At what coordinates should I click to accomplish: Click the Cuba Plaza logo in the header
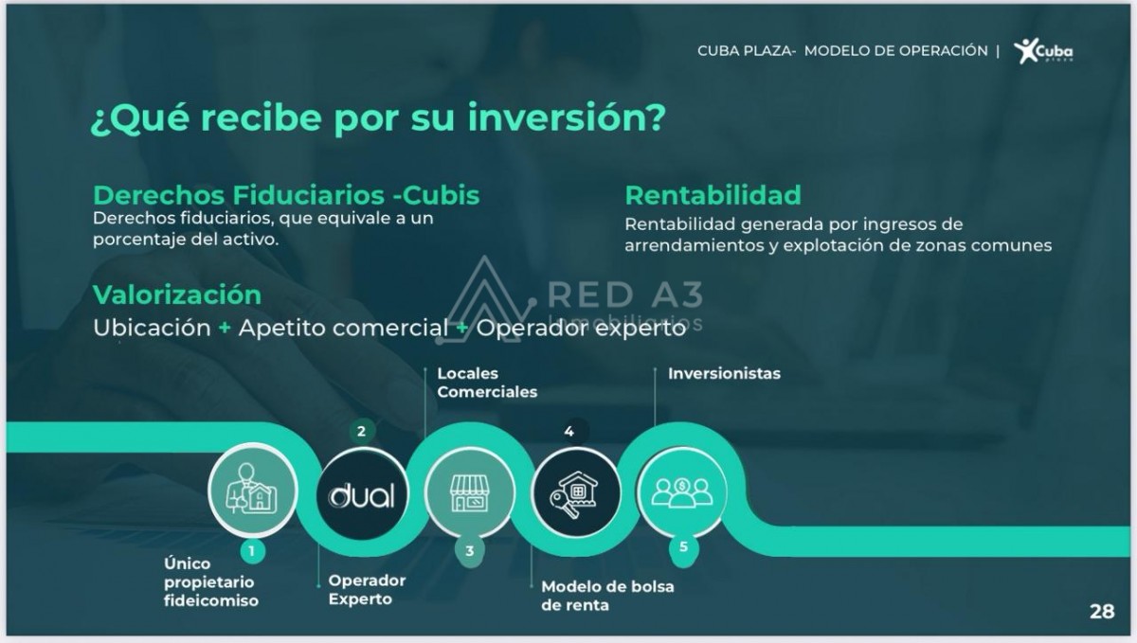pyautogui.click(x=1043, y=51)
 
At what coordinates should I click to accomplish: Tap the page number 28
pyautogui.click(x=1102, y=612)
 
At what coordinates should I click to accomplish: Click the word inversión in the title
pyautogui.click(x=567, y=117)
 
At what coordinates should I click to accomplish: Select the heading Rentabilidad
pyautogui.click(x=713, y=195)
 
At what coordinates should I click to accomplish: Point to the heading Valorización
pyautogui.click(x=176, y=295)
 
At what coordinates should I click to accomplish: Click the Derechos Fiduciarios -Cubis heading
pyautogui.click(x=286, y=195)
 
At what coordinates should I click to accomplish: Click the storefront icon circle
pyautogui.click(x=470, y=492)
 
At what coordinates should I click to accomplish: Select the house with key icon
pyautogui.click(x=576, y=493)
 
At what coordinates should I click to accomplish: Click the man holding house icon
pyautogui.click(x=252, y=490)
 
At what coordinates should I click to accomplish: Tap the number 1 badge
pyautogui.click(x=252, y=551)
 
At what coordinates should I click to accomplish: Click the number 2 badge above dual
pyautogui.click(x=361, y=432)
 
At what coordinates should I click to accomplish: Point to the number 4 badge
pyautogui.click(x=569, y=432)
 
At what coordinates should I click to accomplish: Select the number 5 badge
pyautogui.click(x=683, y=547)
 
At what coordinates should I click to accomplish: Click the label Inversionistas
pyautogui.click(x=724, y=374)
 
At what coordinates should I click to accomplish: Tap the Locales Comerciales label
pyautogui.click(x=487, y=383)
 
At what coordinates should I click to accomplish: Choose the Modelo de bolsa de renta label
pyautogui.click(x=607, y=596)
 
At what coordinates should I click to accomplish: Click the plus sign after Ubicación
pyautogui.click(x=225, y=328)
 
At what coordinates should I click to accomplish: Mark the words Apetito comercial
pyautogui.click(x=344, y=329)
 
